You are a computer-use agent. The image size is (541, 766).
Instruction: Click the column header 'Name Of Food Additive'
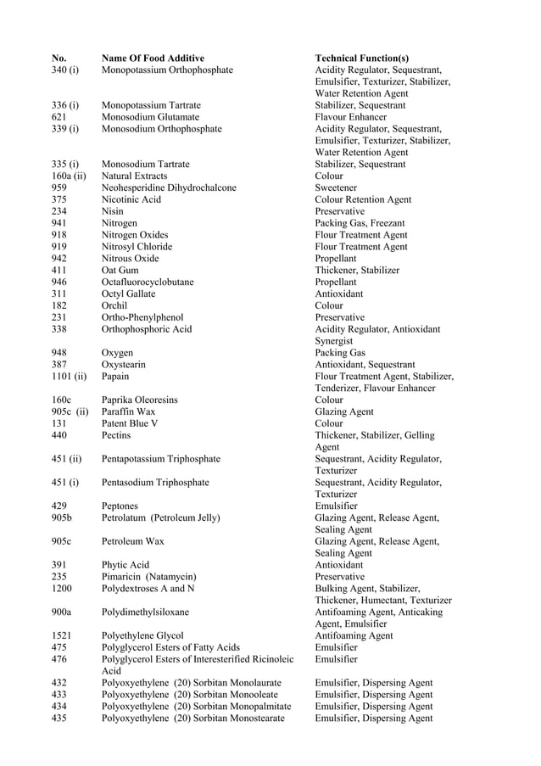(x=153, y=58)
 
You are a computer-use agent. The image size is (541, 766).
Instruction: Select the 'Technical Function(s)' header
(x=361, y=58)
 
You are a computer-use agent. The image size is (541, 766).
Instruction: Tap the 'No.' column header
(x=59, y=58)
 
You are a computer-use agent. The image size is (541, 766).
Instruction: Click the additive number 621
(x=59, y=117)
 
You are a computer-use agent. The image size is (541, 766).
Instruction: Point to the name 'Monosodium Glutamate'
(x=150, y=117)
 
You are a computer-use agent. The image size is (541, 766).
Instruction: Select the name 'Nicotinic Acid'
(x=131, y=199)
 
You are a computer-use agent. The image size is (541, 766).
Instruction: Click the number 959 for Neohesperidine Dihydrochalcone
(x=59, y=187)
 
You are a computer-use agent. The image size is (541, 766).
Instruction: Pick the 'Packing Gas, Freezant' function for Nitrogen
(x=360, y=223)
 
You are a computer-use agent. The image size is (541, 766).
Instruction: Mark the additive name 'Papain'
(x=115, y=376)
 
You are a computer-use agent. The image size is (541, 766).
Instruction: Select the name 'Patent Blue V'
(x=130, y=423)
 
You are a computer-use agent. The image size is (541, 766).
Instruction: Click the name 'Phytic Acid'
(x=125, y=565)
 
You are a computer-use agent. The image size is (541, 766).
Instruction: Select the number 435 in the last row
(x=59, y=718)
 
